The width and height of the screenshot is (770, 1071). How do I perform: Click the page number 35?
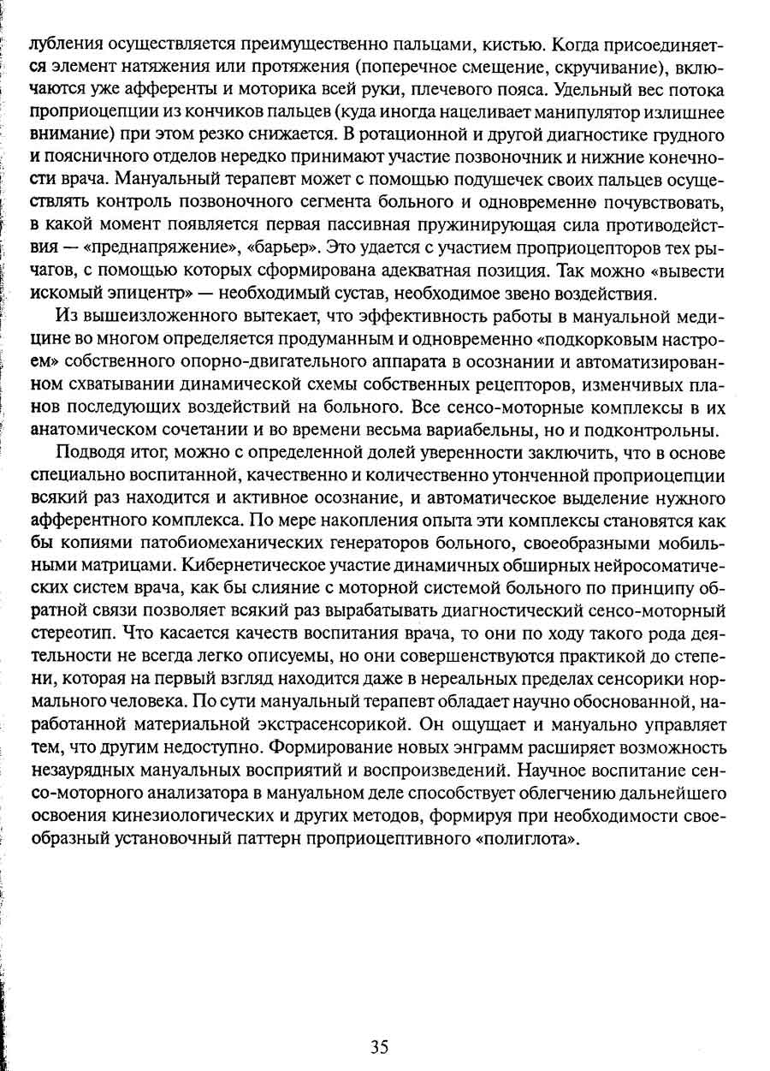tap(381, 1046)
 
